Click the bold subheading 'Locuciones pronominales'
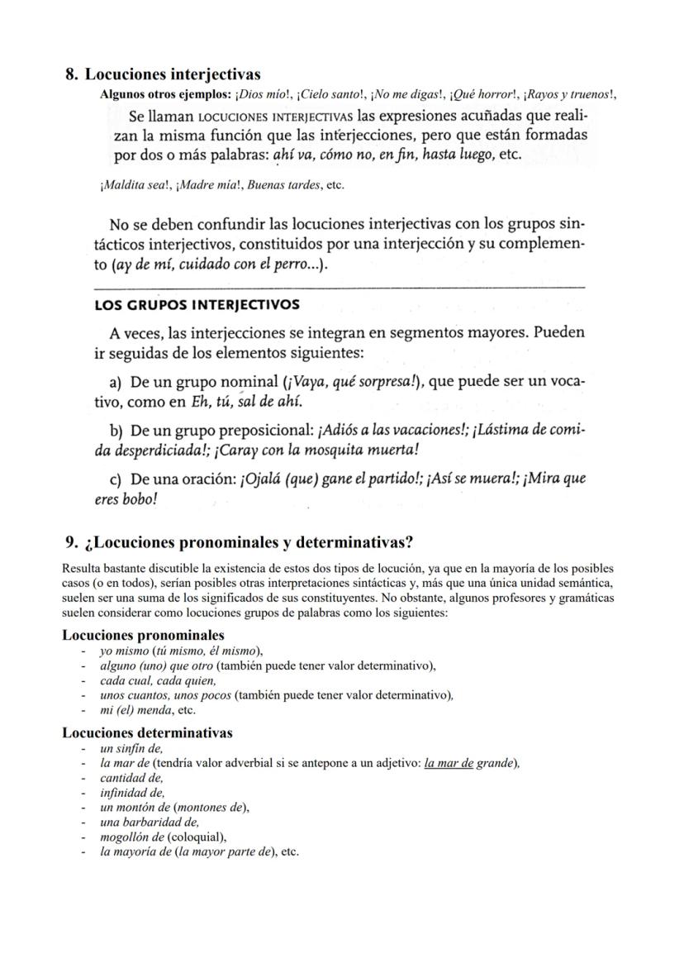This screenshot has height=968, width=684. click(x=143, y=635)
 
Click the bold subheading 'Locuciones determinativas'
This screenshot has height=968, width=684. click(x=147, y=732)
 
